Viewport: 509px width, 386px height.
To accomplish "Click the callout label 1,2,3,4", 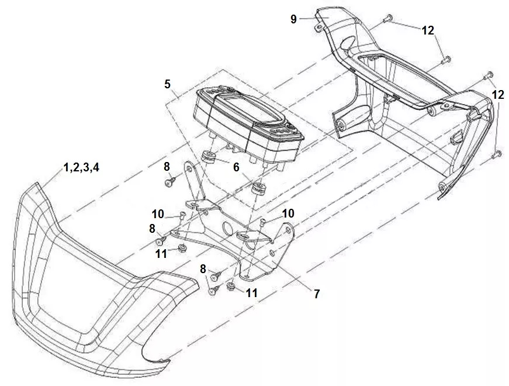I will pos(81,168).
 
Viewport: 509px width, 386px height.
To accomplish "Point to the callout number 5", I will pos(168,84).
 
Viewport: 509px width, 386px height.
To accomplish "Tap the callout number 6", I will pos(236,167).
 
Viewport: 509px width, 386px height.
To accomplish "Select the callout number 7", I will pos(317,294).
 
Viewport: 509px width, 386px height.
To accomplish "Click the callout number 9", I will pos(294,19).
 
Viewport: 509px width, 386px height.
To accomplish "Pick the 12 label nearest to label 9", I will pos(428,30).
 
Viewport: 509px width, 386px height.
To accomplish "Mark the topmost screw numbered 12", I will pos(387,19).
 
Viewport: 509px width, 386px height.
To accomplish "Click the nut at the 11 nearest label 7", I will pos(231,286).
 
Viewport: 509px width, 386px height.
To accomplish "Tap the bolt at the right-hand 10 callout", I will pos(264,222).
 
